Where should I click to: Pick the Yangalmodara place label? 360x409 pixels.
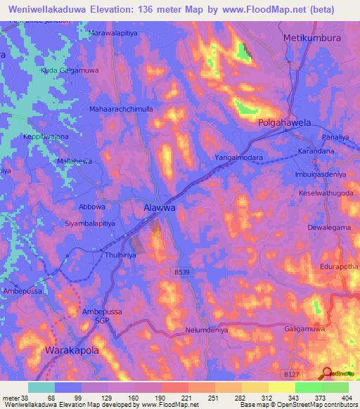point(238,158)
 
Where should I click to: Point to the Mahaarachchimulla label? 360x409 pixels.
point(122,110)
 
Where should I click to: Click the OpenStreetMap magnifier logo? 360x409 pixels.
point(326,373)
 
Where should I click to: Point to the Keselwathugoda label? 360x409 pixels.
point(325,193)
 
